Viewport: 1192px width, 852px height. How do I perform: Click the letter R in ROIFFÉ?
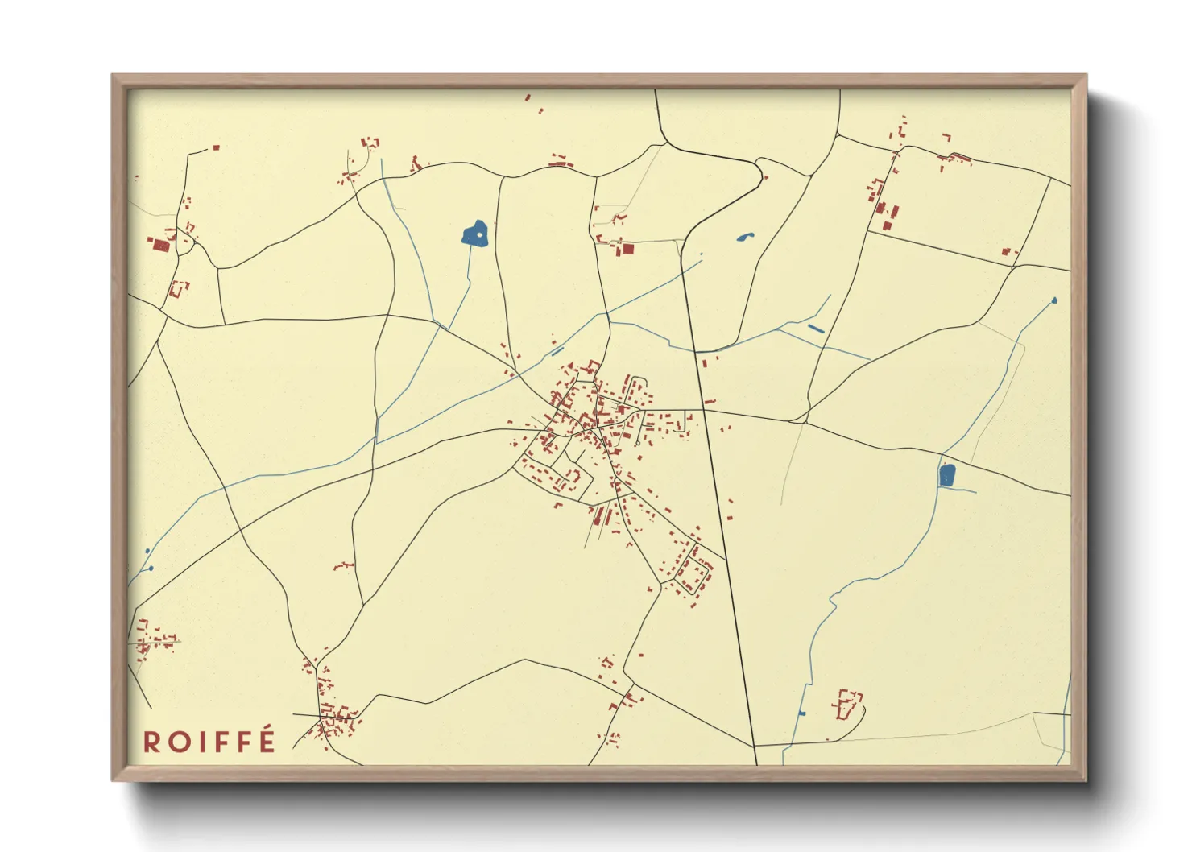click(152, 742)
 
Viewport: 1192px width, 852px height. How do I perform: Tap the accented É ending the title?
click(267, 740)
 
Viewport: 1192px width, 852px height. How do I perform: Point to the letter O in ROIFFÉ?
click(179, 742)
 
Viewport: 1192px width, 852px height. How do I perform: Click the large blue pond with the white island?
click(475, 234)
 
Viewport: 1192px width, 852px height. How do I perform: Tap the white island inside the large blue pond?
click(480, 234)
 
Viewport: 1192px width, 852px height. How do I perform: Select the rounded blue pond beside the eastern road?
click(947, 475)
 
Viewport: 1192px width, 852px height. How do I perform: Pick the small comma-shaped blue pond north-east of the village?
click(744, 237)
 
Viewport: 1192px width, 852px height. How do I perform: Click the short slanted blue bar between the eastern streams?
click(816, 329)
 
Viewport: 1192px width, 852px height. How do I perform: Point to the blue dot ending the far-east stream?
click(1054, 301)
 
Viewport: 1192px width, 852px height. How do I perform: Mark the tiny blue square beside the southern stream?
click(801, 713)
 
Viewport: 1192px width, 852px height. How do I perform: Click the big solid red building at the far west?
click(160, 244)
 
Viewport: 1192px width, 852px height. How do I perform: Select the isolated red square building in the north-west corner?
click(216, 148)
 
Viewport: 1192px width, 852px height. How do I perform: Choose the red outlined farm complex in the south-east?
click(846, 703)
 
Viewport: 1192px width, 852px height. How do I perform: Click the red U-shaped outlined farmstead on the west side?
click(178, 287)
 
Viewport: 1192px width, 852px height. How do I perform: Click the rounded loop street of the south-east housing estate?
click(692, 571)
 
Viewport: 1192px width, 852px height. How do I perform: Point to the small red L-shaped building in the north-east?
click(947, 138)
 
